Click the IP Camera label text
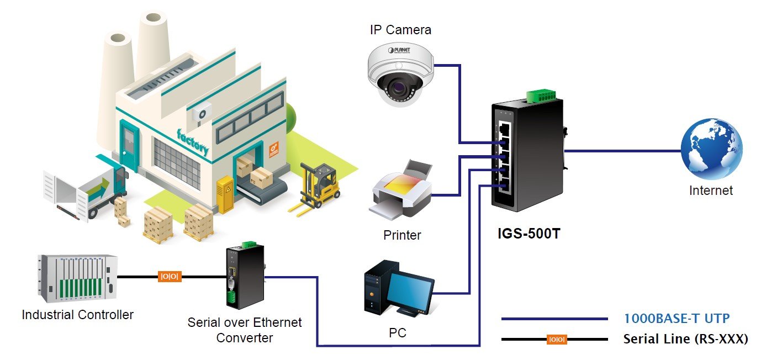tap(400, 30)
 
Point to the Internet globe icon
tap(711, 149)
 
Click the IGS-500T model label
tap(529, 234)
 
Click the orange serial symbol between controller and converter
tap(170, 277)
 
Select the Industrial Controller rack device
tap(77, 279)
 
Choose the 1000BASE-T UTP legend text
tap(677, 319)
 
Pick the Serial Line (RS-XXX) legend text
tap(686, 339)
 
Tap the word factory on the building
tap(192, 142)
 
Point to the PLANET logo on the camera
tap(399, 50)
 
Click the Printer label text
tap(402, 235)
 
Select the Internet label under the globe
tap(711, 190)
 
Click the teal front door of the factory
tap(129, 145)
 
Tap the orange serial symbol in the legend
tap(557, 339)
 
